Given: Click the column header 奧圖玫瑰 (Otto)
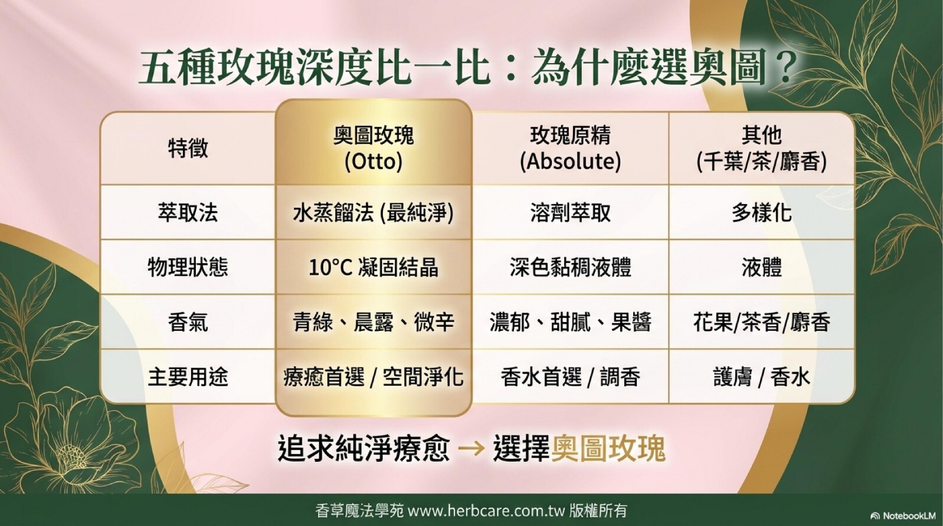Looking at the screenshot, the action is point(374,149).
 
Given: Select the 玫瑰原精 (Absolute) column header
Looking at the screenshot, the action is point(571,149).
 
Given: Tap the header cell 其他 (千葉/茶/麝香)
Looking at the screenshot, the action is point(762,149).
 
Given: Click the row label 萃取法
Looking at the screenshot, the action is point(188,212).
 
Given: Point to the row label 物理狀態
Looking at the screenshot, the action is point(188,267).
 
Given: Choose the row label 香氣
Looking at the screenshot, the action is point(188,323).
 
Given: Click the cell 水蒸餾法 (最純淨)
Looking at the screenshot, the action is point(374,213).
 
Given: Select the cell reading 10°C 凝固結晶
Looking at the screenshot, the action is point(374,267).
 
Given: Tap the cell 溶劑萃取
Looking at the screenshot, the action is point(571,212).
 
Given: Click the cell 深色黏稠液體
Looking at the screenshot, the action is point(571,267).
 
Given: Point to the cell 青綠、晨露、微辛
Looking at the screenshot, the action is point(374,323).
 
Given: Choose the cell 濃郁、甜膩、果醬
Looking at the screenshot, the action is point(571,323).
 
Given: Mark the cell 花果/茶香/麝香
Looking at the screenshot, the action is point(762,323).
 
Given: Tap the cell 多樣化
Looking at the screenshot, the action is point(762,212).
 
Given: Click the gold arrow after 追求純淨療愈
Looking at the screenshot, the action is point(471,449).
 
